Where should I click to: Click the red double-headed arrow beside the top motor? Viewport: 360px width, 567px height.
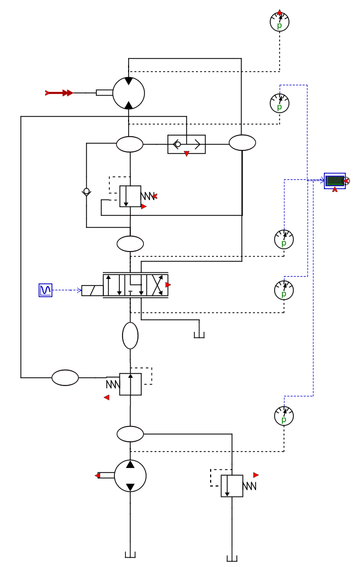[x=60, y=93]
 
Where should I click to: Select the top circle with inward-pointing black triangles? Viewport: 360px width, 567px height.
[x=129, y=93]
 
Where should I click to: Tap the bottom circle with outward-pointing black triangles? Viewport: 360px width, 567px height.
[x=130, y=476]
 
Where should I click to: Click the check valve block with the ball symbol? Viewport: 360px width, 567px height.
[x=187, y=144]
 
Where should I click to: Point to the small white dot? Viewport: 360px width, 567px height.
[x=86, y=191]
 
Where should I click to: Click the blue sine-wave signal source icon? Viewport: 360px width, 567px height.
[x=45, y=290]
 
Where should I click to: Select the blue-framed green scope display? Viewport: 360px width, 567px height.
[x=335, y=180]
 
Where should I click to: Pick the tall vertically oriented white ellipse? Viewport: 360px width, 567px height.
[x=130, y=336]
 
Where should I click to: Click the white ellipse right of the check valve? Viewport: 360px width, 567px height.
[x=242, y=143]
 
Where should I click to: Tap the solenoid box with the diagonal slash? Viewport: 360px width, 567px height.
[x=92, y=290]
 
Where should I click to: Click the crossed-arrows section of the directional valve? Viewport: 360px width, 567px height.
[x=157, y=285]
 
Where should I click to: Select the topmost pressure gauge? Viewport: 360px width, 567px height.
[x=280, y=22]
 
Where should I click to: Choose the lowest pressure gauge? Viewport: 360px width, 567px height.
[x=284, y=416]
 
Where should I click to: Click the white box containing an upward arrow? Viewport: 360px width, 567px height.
[x=130, y=384]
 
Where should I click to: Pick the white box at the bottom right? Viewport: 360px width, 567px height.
[x=231, y=486]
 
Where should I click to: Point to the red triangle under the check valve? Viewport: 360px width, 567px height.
[x=187, y=154]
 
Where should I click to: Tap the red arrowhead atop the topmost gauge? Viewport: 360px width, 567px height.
[x=280, y=12]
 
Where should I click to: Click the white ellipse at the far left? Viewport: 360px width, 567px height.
[x=65, y=378]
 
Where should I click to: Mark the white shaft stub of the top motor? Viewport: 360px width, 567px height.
[x=104, y=93]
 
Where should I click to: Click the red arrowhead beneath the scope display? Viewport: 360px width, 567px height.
[x=335, y=190]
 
